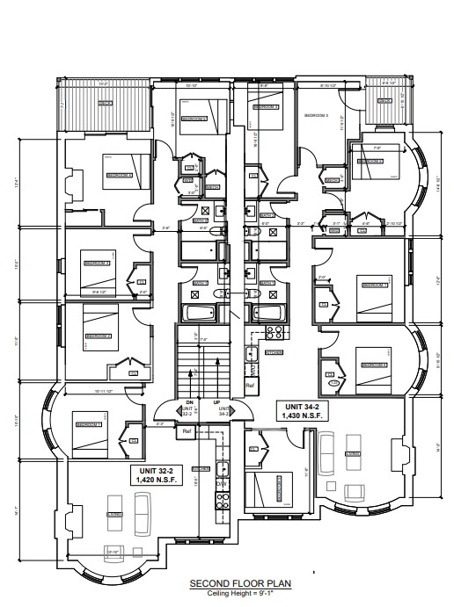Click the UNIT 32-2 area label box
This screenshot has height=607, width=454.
click(x=154, y=475)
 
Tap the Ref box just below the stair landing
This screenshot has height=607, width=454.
click(x=187, y=432)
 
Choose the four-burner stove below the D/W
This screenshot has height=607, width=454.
click(x=222, y=501)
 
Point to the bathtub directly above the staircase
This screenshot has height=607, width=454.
click(x=196, y=313)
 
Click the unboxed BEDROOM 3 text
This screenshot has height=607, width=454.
click(x=315, y=115)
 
